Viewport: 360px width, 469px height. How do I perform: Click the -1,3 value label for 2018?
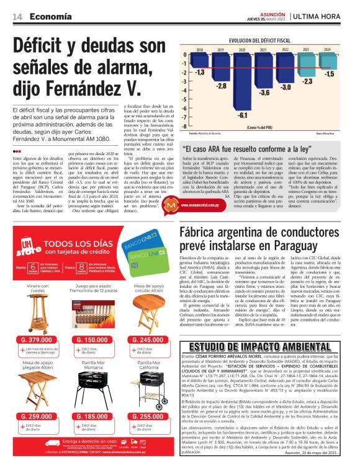click(x=200, y=73)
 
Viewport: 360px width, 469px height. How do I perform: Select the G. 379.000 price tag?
click(x=36, y=340)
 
